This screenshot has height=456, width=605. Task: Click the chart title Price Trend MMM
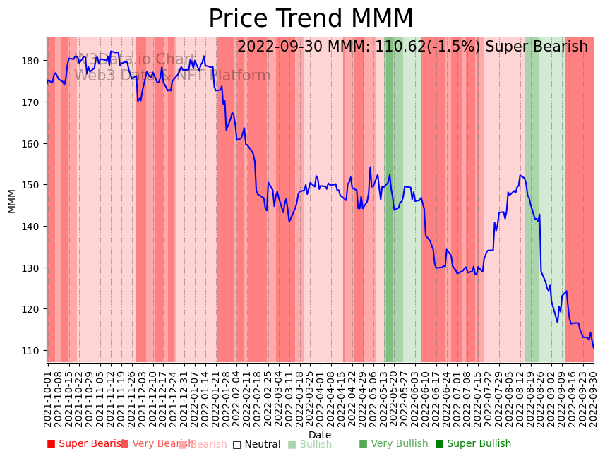[x=311, y=19]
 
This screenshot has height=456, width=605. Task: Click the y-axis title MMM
[x=11, y=200]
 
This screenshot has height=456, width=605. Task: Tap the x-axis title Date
[x=319, y=435]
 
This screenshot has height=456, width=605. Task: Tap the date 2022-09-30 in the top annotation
[x=286, y=47]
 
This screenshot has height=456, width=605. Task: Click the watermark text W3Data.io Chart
[x=136, y=60]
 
